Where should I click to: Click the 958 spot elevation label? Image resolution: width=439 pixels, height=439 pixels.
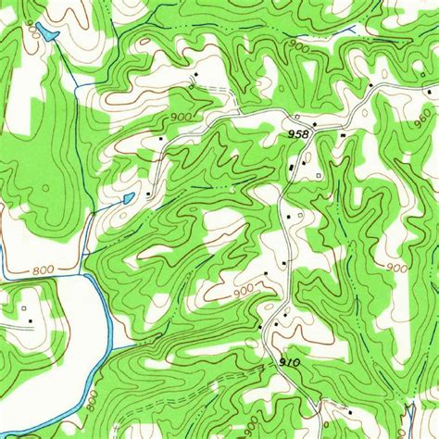tap(298, 133)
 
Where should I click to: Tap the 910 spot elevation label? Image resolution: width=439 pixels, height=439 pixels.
tap(289, 362)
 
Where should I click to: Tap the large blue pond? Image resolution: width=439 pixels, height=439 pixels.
tap(44, 34)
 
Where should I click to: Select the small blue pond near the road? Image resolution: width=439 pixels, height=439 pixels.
tap(127, 197)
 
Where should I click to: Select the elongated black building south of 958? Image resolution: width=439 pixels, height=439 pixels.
tap(294, 168)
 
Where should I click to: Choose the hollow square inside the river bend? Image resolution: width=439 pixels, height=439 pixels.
tap(21, 298)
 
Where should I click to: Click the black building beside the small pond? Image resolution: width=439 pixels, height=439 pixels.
tap(148, 194)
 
